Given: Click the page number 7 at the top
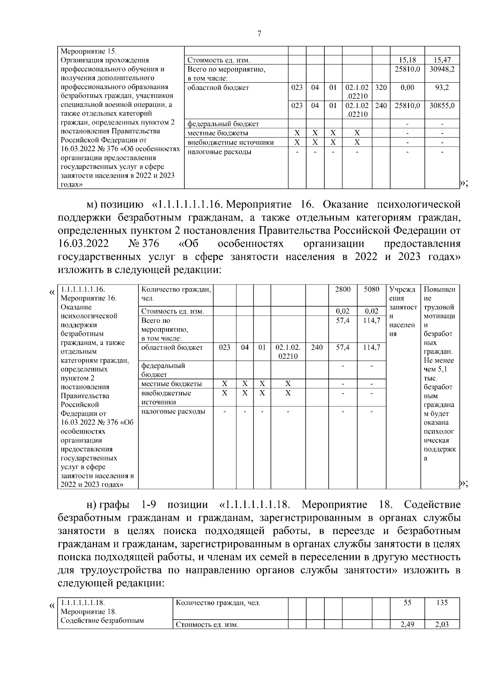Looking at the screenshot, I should [259, 34].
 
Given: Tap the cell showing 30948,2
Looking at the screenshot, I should [442, 69].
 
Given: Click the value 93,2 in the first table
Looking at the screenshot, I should [442, 87].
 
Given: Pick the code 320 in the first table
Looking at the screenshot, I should [381, 87].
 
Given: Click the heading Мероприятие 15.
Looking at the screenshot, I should [88, 52].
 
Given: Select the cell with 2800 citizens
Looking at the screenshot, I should [343, 289].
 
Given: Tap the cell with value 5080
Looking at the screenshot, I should [371, 289].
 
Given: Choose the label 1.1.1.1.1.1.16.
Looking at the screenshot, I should [83, 289].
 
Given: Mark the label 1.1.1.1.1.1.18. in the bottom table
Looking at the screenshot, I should [83, 603].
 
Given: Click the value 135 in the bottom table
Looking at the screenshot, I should [442, 603].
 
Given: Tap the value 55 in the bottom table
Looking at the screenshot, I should [407, 603].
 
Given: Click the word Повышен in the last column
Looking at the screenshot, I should [440, 289].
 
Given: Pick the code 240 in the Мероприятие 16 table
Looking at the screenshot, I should [317, 347].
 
